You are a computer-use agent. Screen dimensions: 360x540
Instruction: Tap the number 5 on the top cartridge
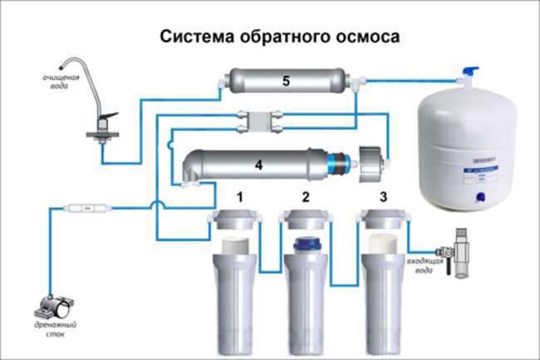pos(284,81)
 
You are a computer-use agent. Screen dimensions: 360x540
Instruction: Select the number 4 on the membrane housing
pos(258,165)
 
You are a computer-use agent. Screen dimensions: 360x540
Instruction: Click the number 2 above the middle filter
pos(305,198)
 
